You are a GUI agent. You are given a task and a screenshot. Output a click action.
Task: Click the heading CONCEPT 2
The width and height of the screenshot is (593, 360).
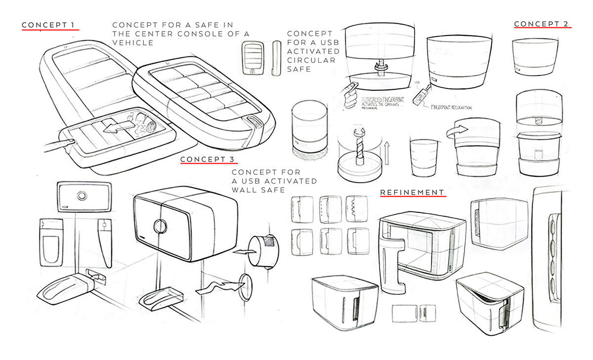(542, 24)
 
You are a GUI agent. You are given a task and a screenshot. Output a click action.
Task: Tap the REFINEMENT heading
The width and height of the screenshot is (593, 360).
(413, 192)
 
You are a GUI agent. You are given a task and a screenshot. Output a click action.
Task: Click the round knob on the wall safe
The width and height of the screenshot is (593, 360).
(161, 226)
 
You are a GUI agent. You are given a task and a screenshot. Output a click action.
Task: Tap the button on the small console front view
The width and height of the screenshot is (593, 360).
(254, 70)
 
